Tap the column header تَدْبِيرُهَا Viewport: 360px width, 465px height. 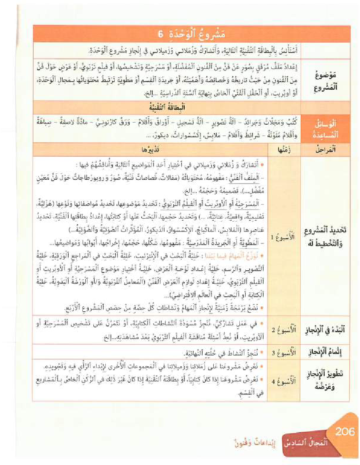tap(147, 149)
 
